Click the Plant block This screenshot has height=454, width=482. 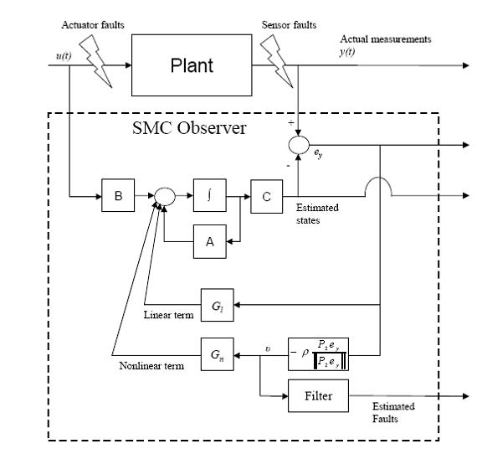(192, 65)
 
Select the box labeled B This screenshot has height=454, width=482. (118, 195)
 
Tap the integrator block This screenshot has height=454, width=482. (210, 195)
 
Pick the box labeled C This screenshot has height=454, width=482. (266, 196)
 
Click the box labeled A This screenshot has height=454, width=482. (210, 241)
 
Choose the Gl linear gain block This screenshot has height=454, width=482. (218, 305)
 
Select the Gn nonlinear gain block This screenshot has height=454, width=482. (218, 354)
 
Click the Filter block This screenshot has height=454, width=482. (318, 396)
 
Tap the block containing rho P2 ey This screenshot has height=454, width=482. (318, 354)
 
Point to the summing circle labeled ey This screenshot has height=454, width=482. (299, 145)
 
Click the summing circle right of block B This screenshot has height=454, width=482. (165, 196)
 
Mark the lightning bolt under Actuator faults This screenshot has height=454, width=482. (95, 61)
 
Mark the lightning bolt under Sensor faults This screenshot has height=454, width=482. (277, 61)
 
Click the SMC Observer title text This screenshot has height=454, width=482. (189, 127)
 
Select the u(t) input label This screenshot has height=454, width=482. (64, 56)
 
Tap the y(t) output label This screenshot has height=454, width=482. (347, 52)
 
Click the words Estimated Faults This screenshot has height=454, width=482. (393, 412)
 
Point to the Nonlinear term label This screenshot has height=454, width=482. (151, 366)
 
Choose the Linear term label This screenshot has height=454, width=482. (168, 315)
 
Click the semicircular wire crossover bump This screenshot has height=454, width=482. (379, 178)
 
